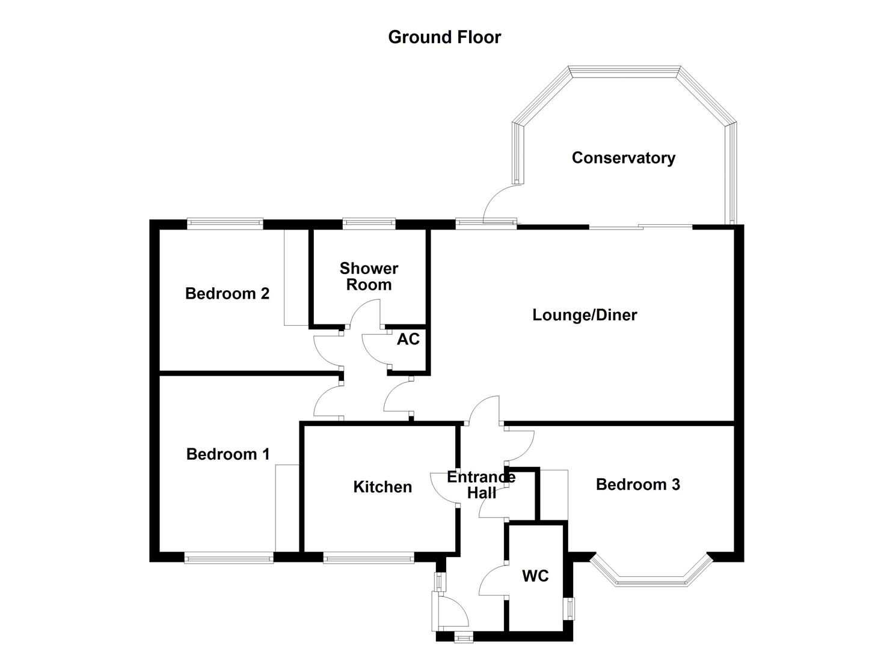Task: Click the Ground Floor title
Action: point(444,37)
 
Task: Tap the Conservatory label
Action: point(623,158)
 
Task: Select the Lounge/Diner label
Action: point(585,315)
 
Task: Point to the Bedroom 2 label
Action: point(227,294)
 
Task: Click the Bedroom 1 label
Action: point(228,454)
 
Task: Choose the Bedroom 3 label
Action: point(637,484)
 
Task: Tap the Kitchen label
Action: point(382,487)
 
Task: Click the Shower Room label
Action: point(369,276)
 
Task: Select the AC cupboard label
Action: point(408,340)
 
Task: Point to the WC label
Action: point(535,576)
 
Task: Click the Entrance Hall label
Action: point(481,485)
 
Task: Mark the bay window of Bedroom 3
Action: point(651,574)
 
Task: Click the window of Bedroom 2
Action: point(225,224)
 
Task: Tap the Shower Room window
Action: point(369,224)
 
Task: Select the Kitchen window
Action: point(369,558)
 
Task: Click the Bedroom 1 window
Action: point(229,558)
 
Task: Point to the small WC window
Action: point(569,608)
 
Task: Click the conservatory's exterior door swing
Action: point(499,201)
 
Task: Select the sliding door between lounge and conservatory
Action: point(640,227)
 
